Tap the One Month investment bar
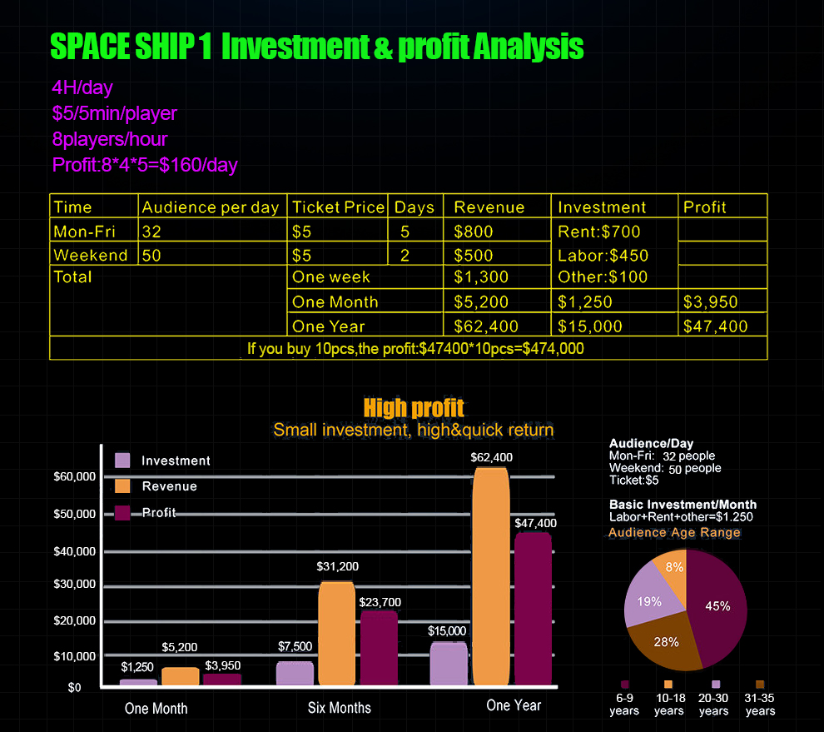[x=138, y=682]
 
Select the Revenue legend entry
[x=169, y=486]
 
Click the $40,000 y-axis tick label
[x=75, y=551]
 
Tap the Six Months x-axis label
[x=340, y=708]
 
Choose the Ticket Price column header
[x=339, y=207]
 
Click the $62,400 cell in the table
[x=486, y=326]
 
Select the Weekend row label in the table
[x=91, y=255]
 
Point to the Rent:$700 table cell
[x=599, y=232]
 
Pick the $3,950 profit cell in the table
[x=711, y=302]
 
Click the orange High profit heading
[x=414, y=408]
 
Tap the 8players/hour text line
[x=109, y=138]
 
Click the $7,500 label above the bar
[x=295, y=646]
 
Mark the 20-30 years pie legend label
[x=713, y=705]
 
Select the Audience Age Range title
[x=674, y=533]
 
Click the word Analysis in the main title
[x=528, y=47]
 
